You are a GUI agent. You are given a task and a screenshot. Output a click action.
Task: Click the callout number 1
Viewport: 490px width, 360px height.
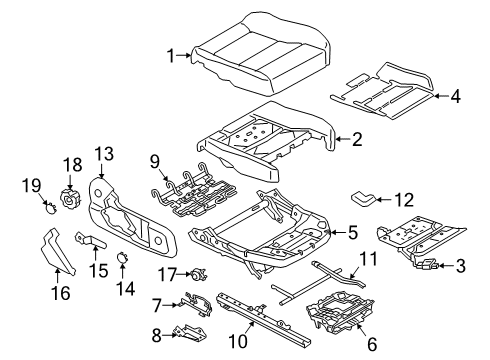(171, 56)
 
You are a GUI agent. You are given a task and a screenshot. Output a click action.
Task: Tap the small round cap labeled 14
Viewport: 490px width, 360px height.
(121, 257)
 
